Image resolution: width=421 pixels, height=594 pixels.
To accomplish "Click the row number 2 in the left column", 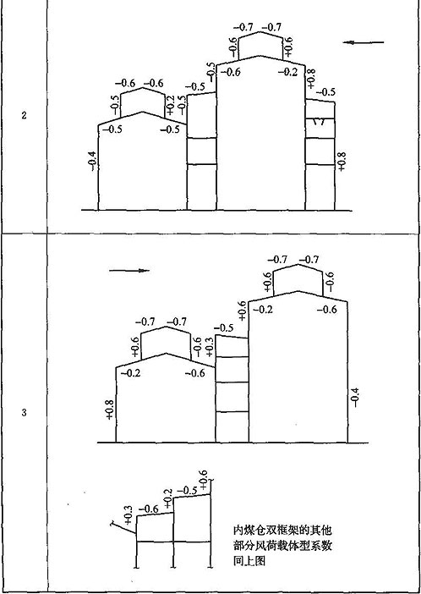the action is pos(24,116).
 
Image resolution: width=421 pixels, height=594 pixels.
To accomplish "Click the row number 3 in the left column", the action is pos(24,413).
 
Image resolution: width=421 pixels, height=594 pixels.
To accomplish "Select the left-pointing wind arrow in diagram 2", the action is pos(364,42).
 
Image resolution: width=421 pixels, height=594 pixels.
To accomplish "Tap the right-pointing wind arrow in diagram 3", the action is pos(129,271).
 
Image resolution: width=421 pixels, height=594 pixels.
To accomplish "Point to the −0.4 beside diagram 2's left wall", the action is pos(92,161).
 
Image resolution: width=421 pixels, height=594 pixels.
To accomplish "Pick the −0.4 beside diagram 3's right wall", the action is pos(356,398).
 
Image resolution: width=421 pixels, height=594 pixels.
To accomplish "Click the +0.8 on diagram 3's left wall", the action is pos(110,409).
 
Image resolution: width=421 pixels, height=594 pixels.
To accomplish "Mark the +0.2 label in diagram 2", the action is pos(170,105).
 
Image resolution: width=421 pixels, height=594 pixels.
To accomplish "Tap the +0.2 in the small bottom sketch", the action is pos(168,498).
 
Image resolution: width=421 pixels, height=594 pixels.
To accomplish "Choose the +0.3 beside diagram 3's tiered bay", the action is pos(210,346).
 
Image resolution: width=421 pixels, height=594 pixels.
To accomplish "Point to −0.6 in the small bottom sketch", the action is pos(149,509).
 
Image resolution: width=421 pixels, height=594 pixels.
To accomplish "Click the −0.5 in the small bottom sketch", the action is pos(188,490).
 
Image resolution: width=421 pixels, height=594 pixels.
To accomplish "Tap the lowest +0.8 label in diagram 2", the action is pos(342,161).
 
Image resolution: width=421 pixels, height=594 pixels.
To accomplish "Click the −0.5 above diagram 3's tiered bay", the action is pos(224,327).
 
